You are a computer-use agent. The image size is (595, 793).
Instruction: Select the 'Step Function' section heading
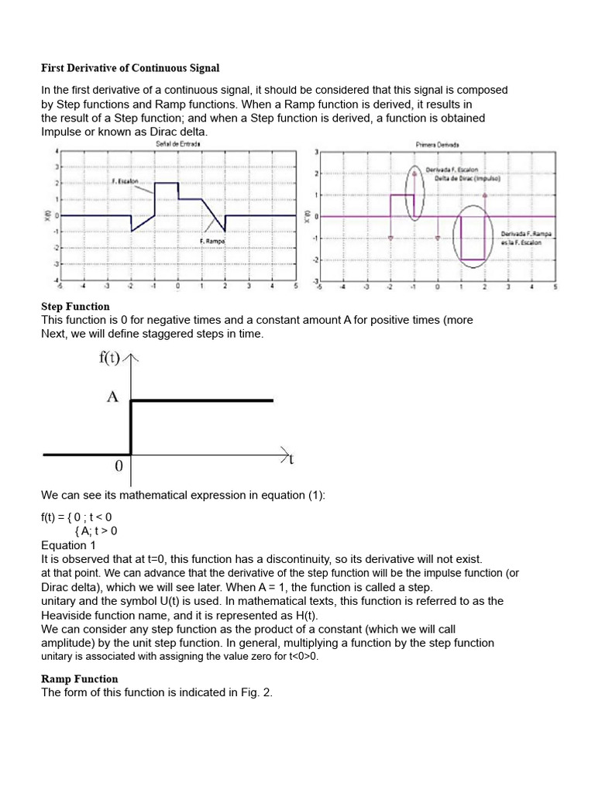[x=75, y=307]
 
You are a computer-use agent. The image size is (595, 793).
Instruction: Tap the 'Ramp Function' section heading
[x=79, y=679]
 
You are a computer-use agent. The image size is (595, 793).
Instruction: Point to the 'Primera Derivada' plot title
[x=438, y=143]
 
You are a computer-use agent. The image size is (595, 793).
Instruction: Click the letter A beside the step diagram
[x=112, y=396]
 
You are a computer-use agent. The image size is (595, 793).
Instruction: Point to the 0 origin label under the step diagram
[x=119, y=467]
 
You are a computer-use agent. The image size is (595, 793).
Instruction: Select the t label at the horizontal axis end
[x=291, y=459]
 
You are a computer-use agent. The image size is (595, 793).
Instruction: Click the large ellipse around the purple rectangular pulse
[x=473, y=236]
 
